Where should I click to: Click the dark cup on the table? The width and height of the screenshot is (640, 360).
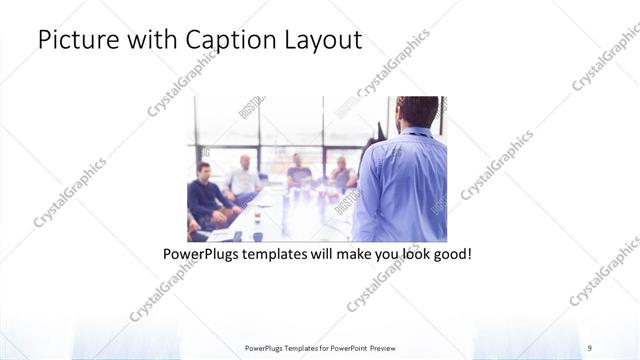(x=258, y=235)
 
